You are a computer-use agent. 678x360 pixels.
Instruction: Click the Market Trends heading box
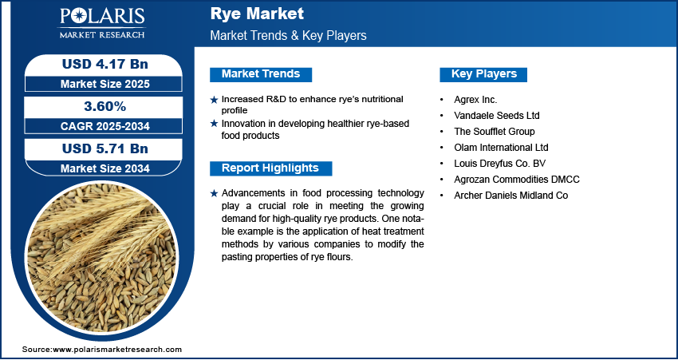click(x=261, y=74)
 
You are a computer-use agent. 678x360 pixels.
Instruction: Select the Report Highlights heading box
click(x=270, y=168)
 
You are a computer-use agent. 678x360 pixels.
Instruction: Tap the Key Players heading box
click(x=484, y=74)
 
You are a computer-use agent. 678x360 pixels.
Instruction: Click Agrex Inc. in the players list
click(x=475, y=100)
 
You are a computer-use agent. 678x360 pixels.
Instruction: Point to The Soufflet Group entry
click(x=495, y=132)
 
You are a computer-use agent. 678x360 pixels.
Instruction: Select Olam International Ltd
click(x=501, y=148)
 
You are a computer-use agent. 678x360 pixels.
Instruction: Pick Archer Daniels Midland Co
click(x=510, y=196)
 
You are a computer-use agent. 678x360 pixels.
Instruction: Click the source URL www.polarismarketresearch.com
click(x=117, y=350)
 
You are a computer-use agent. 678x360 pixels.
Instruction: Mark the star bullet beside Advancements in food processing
click(x=214, y=194)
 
